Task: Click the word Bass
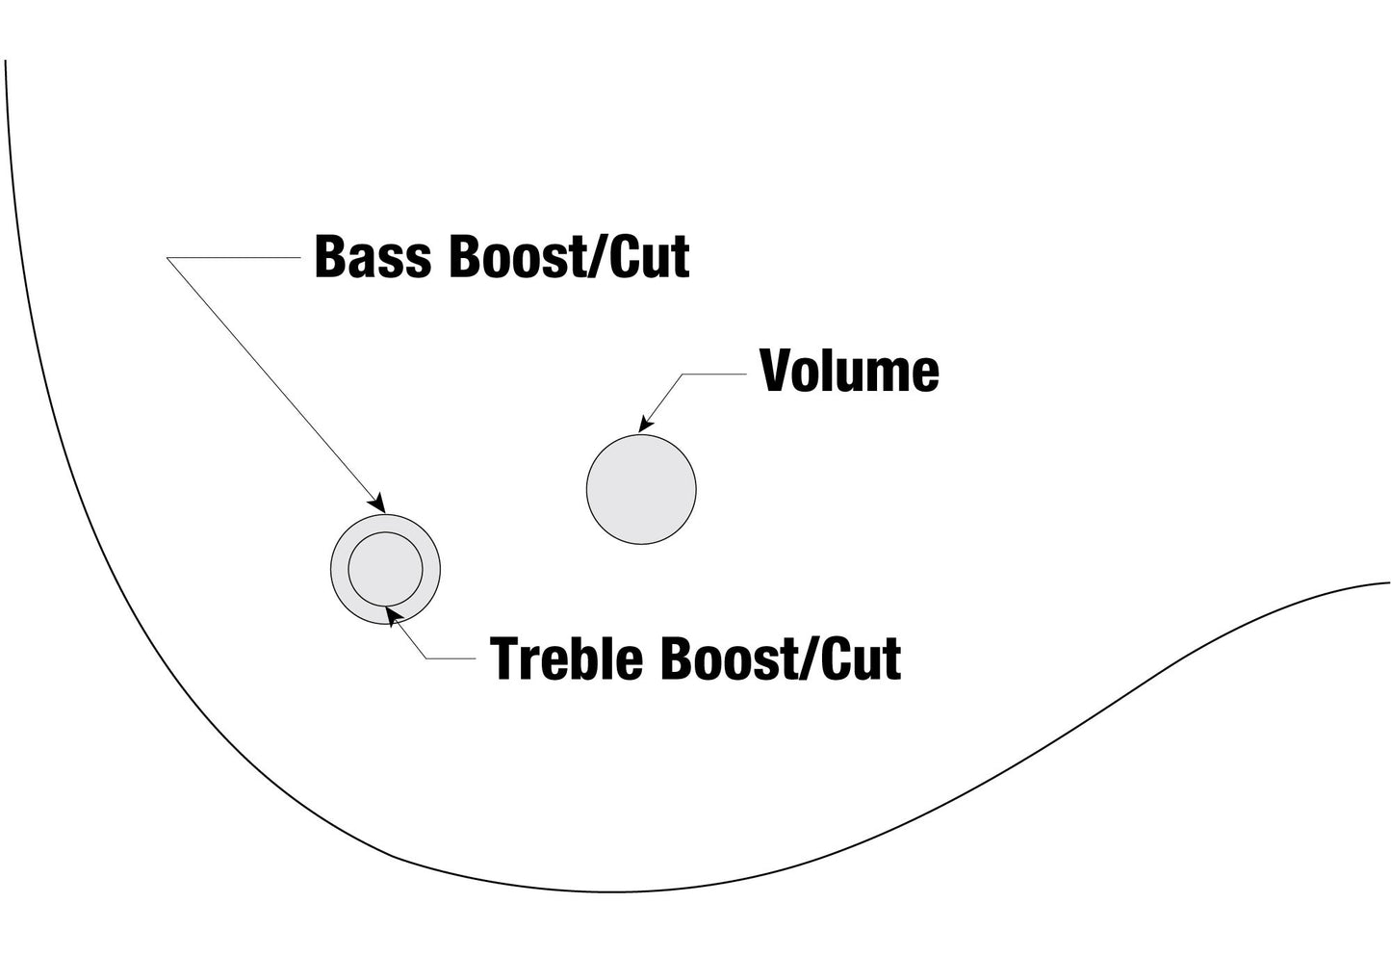[373, 256]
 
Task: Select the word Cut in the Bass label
[650, 256]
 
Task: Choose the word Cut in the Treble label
[861, 658]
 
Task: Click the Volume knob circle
[641, 489]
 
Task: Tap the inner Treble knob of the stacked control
[386, 569]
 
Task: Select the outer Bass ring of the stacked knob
[339, 569]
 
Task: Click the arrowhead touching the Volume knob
[646, 425]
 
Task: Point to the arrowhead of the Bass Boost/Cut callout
[377, 503]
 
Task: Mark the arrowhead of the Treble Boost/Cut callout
[393, 616]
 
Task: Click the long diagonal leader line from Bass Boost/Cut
[275, 385]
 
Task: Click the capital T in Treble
[504, 658]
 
